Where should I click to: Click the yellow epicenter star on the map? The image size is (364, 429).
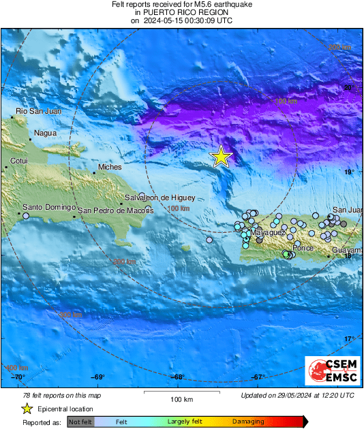pos(221,157)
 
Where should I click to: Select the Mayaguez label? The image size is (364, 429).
pos(268,233)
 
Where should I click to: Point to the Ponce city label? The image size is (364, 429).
pos(303,248)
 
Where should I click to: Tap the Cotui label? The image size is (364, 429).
pos(20,161)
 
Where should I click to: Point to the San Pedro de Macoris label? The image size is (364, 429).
pos(116,210)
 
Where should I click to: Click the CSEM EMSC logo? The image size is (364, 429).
pos(330,372)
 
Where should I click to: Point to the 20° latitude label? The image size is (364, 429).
pos(348,88)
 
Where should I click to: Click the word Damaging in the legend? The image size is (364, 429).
pos(247,422)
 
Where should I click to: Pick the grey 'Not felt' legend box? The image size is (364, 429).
pos(80,422)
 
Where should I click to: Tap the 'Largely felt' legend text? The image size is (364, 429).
pos(183,422)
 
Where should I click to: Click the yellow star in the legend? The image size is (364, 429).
pos(26,409)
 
